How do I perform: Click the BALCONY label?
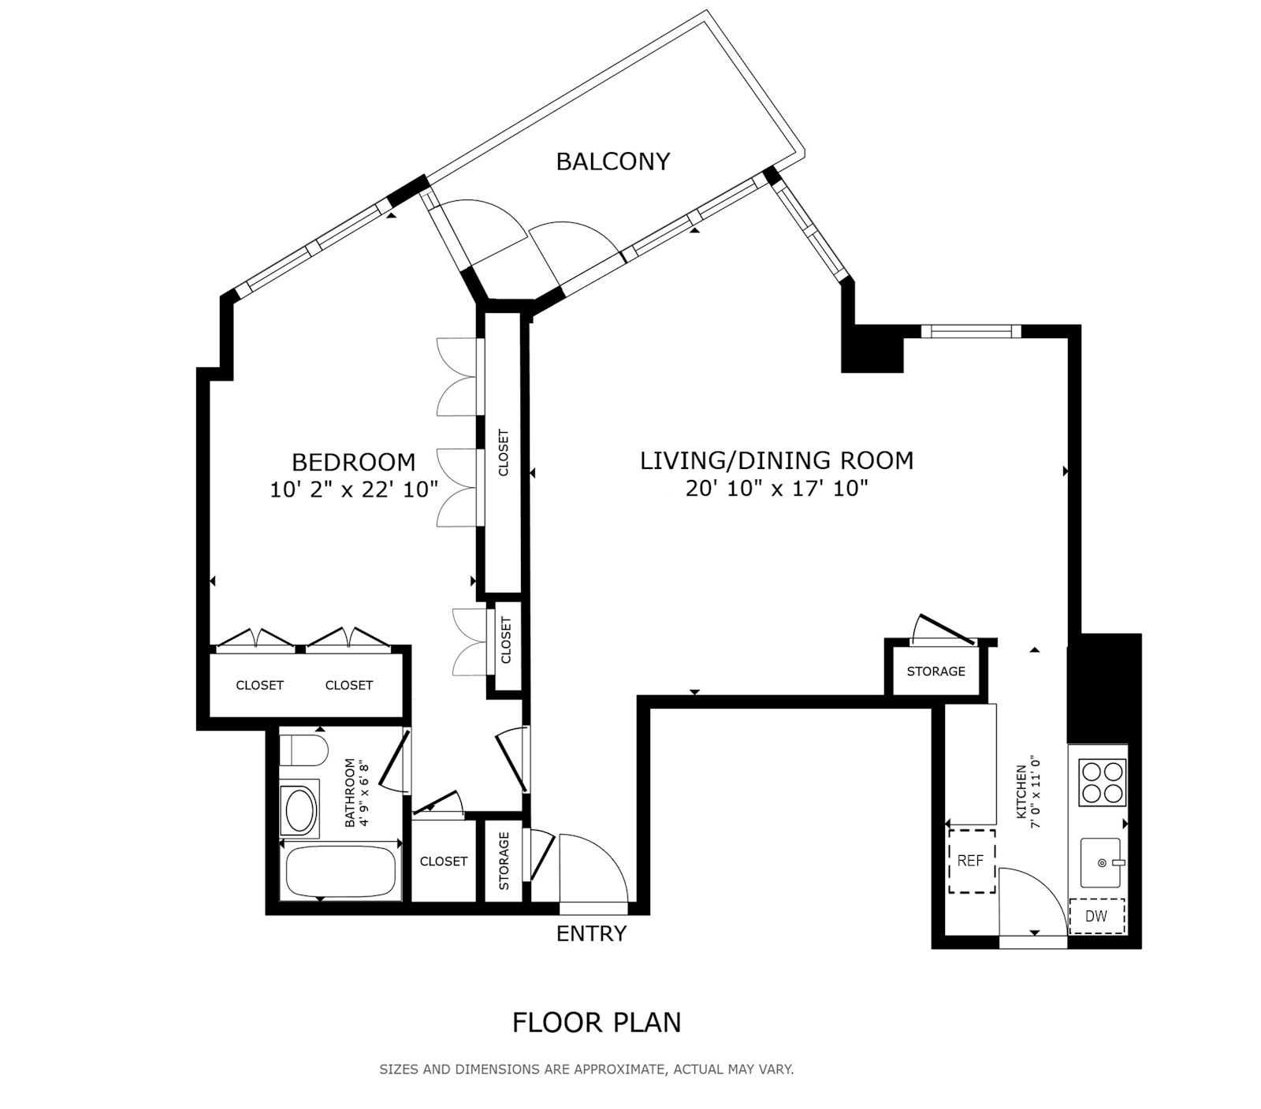click(612, 162)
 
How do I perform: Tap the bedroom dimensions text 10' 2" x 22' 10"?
click(354, 489)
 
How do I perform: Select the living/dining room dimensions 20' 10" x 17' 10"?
click(776, 489)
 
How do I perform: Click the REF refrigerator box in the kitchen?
click(971, 861)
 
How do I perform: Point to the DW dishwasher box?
click(1096, 916)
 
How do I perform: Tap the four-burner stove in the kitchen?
click(1102, 781)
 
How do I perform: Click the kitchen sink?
click(1102, 862)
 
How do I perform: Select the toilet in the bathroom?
click(303, 750)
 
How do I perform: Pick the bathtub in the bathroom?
click(340, 871)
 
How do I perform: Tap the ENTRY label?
click(591, 934)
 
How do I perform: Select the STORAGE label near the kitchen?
click(936, 672)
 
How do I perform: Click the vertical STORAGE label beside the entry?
click(504, 861)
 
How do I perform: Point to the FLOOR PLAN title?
click(597, 1022)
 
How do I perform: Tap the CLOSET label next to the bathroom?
click(443, 862)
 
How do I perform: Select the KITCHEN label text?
click(1021, 795)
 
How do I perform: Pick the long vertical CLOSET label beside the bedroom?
click(504, 452)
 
